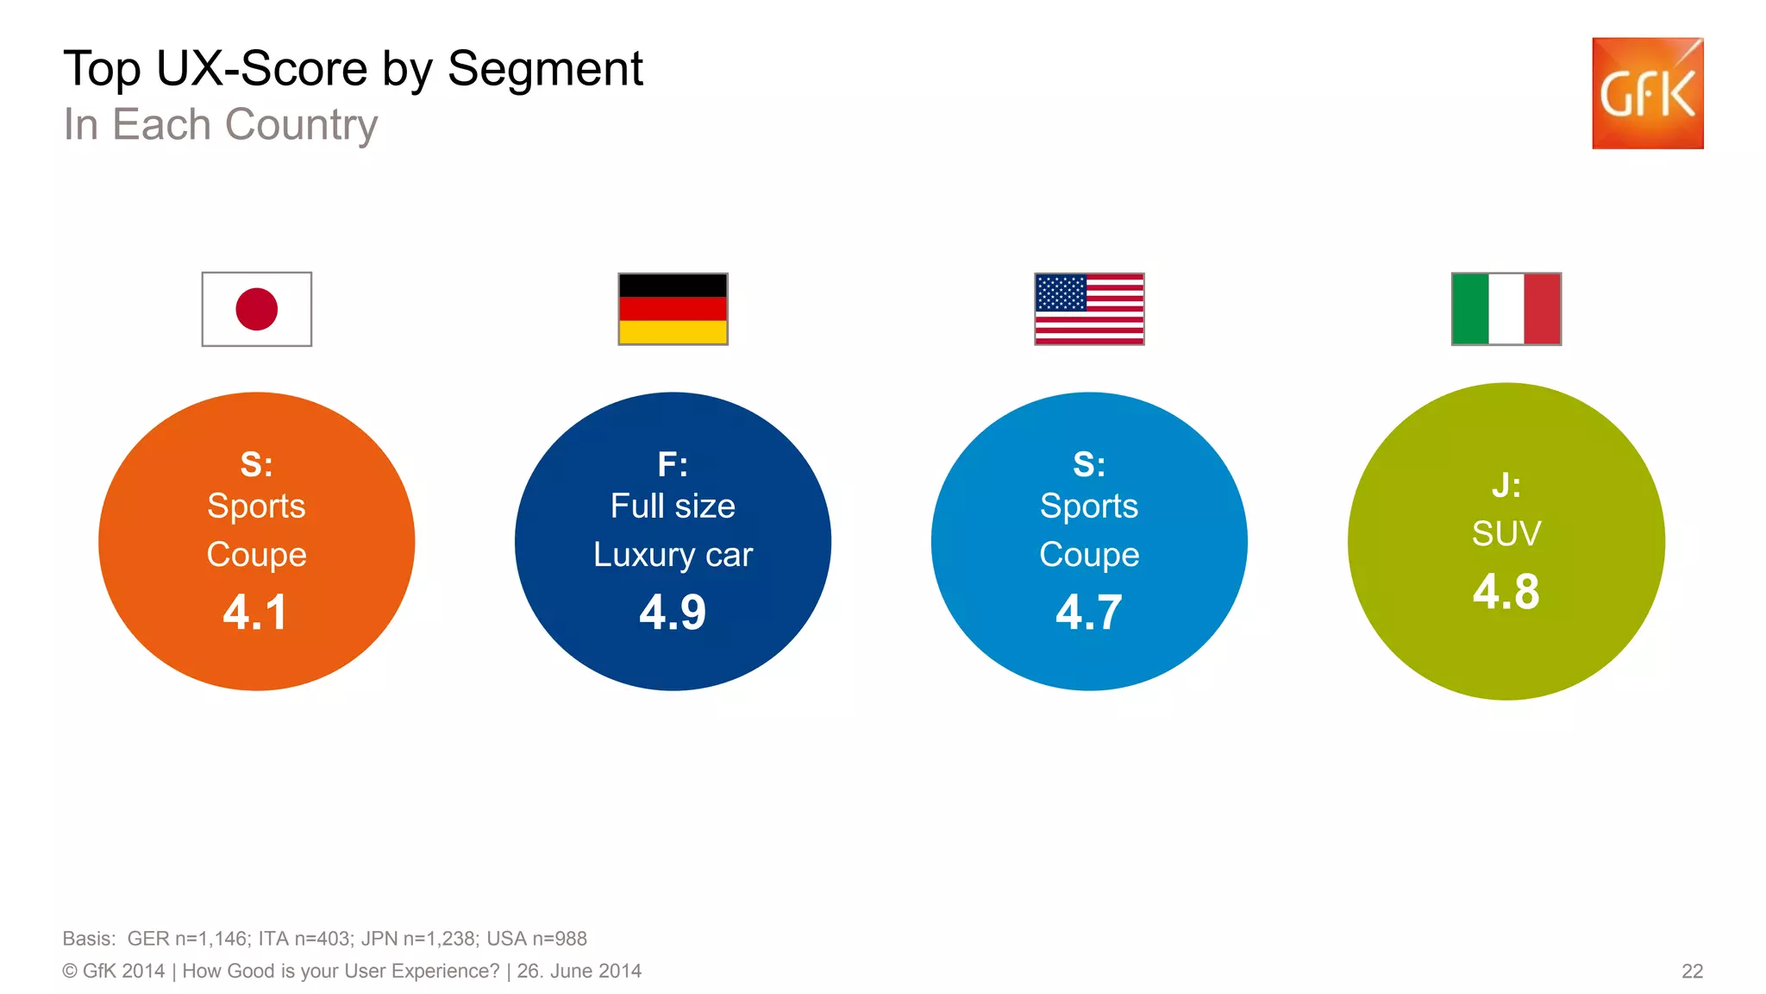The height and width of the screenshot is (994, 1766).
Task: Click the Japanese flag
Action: tap(256, 309)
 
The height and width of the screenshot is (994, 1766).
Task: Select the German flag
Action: tap(673, 309)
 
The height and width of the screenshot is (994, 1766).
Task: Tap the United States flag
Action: tap(1089, 309)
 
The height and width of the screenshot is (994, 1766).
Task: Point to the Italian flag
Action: tap(1506, 309)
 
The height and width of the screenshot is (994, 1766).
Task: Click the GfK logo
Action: tap(1647, 93)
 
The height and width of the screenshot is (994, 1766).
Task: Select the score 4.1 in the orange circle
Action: tap(255, 613)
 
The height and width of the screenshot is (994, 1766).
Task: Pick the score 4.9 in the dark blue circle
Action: tap(673, 613)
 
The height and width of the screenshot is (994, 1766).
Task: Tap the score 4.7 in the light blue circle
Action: tap(1089, 613)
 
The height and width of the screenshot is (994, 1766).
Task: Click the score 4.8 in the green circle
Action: tap(1506, 592)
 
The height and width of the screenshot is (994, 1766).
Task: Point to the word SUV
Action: tap(1506, 534)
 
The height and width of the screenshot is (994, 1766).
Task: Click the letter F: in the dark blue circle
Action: tap(673, 465)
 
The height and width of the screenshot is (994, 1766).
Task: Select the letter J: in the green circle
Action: tap(1506, 486)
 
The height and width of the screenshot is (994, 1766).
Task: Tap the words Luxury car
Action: tap(673, 555)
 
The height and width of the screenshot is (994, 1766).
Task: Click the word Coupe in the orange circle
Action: tap(256, 555)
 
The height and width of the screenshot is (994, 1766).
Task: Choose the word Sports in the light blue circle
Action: tap(1089, 506)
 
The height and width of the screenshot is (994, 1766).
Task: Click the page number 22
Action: tap(1692, 972)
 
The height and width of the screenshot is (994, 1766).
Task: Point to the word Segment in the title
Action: tap(545, 69)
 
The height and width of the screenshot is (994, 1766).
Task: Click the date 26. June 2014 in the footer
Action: tap(579, 972)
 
